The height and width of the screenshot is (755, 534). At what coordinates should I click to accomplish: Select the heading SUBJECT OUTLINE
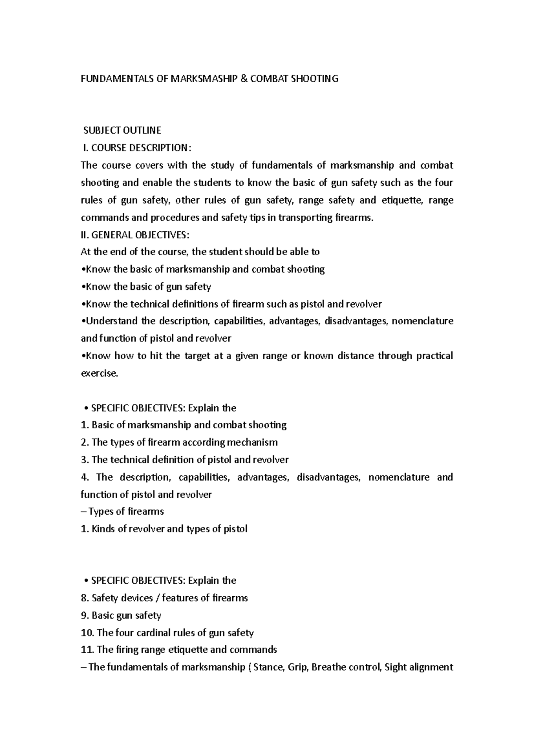(x=122, y=131)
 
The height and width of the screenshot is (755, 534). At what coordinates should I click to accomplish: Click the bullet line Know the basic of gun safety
(x=146, y=287)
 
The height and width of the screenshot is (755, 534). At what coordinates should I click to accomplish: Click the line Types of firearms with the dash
(x=122, y=512)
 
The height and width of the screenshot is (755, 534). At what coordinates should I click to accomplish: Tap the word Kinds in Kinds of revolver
(x=103, y=529)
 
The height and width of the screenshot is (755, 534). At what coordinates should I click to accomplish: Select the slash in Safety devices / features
(x=157, y=598)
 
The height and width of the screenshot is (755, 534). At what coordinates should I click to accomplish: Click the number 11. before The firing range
(x=87, y=650)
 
